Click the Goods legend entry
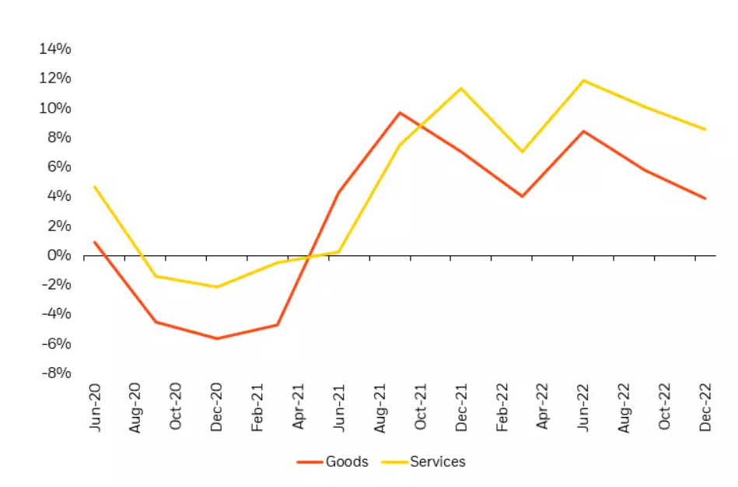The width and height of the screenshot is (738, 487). (347, 461)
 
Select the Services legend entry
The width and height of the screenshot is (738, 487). (438, 461)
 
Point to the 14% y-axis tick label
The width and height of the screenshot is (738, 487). (55, 49)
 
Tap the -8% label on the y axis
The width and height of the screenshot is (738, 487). (55, 373)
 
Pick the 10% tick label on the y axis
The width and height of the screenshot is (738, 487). (55, 107)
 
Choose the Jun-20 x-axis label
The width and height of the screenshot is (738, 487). (96, 408)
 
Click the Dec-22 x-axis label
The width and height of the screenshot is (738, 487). (705, 408)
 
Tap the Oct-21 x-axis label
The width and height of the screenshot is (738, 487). (421, 408)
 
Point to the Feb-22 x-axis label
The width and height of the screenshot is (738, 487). (502, 408)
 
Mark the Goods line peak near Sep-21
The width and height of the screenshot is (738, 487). (400, 113)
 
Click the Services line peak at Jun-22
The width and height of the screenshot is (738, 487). (583, 80)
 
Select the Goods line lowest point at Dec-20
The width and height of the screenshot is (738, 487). (217, 338)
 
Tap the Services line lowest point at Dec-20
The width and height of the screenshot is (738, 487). (217, 287)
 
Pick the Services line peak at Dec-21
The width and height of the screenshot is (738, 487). (461, 88)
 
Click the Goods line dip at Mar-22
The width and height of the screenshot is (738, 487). (522, 196)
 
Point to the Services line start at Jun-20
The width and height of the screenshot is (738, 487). (95, 187)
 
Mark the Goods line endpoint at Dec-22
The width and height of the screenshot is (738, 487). (705, 198)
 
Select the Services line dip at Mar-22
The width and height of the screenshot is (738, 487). (522, 152)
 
